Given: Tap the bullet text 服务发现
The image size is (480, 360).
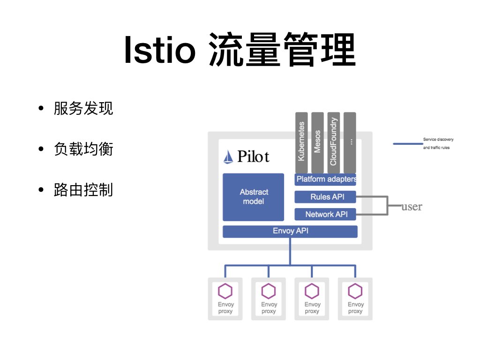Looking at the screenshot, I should coord(83,109).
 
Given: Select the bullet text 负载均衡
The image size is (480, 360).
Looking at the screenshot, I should coord(83,150).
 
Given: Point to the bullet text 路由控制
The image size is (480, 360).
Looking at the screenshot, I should coord(83,190).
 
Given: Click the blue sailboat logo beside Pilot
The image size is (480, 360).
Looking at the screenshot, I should coord(228,157).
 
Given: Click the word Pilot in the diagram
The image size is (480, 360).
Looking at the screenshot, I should coord(253,156).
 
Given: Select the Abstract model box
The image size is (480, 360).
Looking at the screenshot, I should coord(254,197).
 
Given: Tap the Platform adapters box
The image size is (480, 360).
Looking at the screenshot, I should coord(326,179).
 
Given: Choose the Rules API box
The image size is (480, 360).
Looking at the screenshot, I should coord(326,197).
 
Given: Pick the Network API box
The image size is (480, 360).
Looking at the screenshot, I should coord(326,214).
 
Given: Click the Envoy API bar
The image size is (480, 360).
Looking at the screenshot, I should coord(290,231).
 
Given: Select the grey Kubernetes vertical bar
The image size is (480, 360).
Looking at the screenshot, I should coord(301,142).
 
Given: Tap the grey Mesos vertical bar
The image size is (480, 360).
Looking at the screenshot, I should coord(317,142).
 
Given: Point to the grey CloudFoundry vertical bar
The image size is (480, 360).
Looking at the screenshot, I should coord(333,142).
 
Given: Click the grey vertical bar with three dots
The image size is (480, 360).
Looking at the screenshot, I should coord(350,142).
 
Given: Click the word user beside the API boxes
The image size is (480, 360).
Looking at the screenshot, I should coord(412,207).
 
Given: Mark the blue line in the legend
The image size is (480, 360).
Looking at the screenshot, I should coord(407,144).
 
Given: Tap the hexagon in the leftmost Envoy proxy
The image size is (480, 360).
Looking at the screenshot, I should coord(225,292).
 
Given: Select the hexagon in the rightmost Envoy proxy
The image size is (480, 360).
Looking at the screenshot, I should coord(355,292).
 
